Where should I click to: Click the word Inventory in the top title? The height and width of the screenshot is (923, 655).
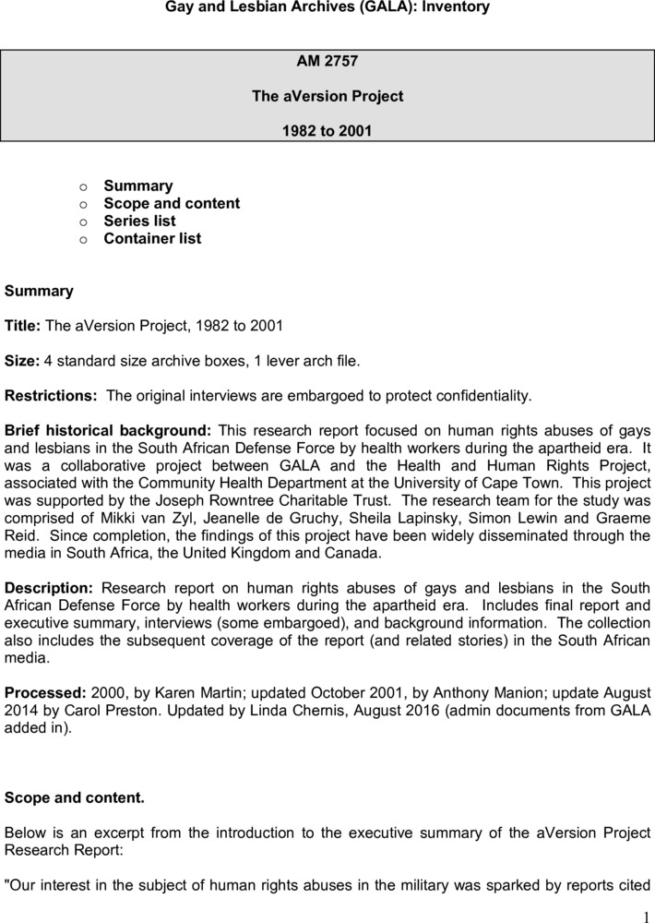tap(456, 7)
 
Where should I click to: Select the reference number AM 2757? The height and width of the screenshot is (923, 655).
tap(327, 62)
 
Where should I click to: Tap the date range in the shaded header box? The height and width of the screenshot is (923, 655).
tap(327, 131)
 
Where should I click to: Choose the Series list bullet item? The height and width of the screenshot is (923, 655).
tap(139, 221)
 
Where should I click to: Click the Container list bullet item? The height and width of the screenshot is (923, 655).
tap(152, 238)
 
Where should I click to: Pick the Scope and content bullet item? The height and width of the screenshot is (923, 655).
tap(172, 203)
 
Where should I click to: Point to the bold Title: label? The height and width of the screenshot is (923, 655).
tap(23, 326)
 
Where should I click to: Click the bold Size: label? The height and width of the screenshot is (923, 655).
tap(22, 361)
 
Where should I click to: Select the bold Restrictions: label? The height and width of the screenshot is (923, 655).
tap(51, 396)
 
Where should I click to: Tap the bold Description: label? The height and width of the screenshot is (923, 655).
tap(49, 588)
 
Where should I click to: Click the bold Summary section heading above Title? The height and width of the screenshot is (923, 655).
tap(39, 291)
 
